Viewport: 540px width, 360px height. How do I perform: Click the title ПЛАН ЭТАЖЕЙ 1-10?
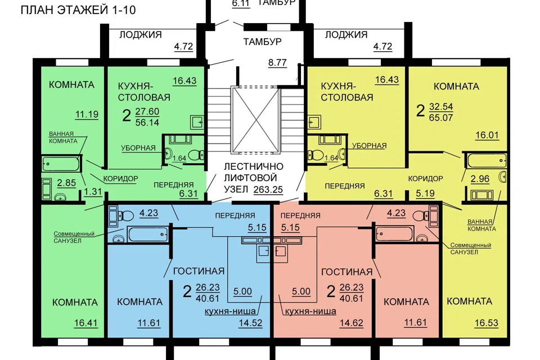tap(78, 10)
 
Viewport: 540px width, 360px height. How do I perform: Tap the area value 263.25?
tap(268, 190)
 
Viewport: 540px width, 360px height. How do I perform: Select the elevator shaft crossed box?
tap(254, 120)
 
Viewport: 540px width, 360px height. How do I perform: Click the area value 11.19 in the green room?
tap(87, 114)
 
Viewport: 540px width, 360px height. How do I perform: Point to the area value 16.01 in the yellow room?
tap(487, 134)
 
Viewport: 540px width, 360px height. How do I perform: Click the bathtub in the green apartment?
tap(61, 164)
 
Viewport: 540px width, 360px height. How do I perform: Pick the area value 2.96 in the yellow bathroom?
tap(480, 179)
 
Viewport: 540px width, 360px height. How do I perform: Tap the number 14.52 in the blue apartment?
tap(250, 323)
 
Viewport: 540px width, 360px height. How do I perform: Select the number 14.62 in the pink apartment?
tap(351, 323)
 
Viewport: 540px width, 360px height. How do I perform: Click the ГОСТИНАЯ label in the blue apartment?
tap(199, 271)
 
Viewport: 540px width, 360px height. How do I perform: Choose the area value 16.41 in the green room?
tap(85, 323)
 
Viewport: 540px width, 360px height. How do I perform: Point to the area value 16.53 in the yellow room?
tap(486, 323)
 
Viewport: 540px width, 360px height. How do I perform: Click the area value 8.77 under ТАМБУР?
tap(277, 62)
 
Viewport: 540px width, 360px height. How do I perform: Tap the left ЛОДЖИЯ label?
tap(141, 34)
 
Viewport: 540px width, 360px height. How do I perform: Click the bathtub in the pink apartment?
tap(394, 234)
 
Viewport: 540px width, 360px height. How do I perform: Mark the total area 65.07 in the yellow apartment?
tap(441, 118)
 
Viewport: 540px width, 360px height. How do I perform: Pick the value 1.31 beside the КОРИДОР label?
tap(93, 192)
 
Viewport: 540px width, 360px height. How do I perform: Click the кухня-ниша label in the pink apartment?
tap(310, 312)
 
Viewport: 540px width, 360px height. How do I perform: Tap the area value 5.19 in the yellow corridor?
tap(425, 193)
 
